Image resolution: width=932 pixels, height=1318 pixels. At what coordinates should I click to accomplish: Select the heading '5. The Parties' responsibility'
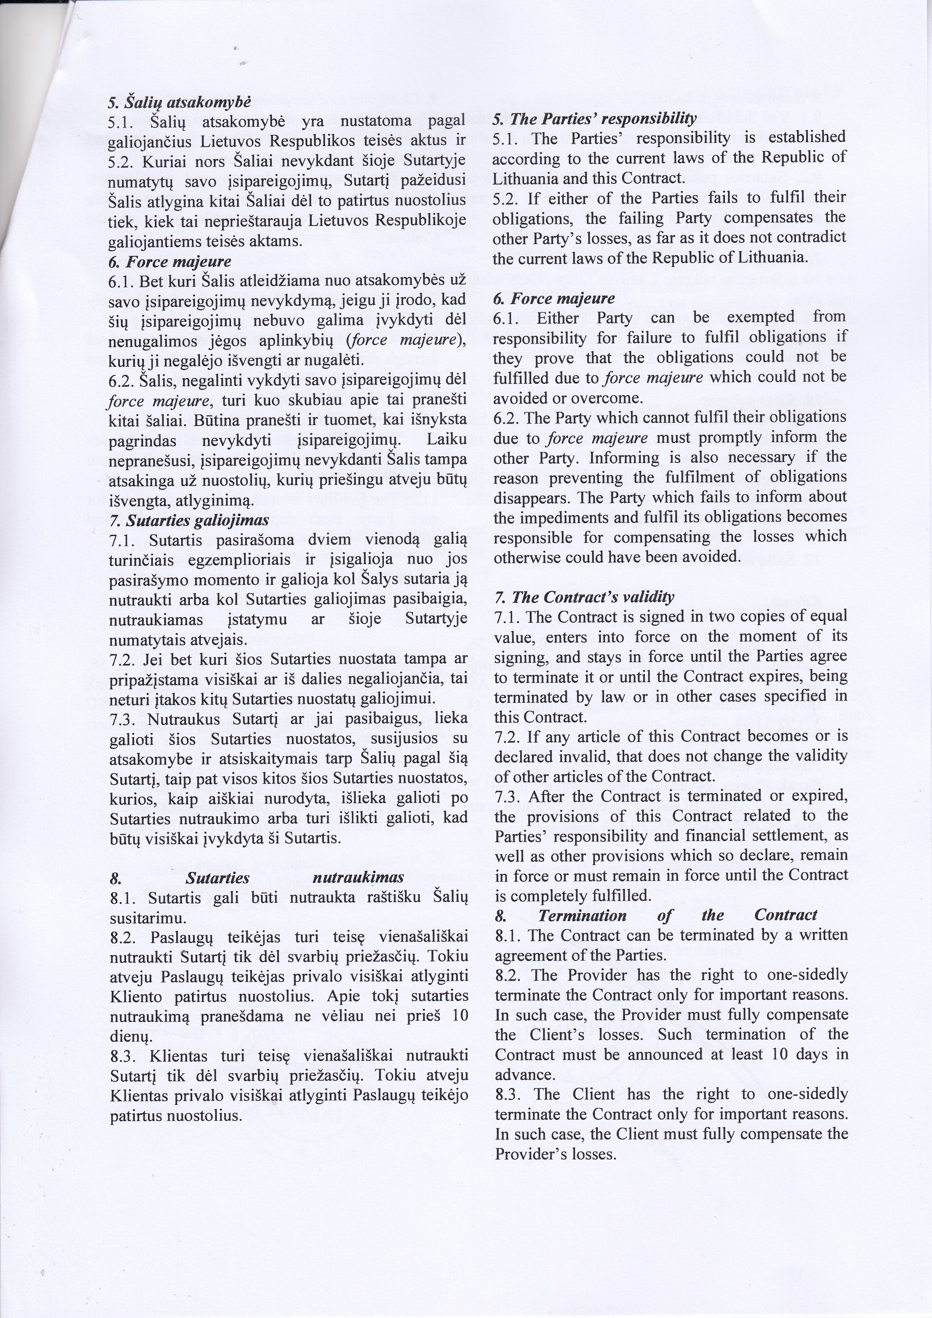point(594,118)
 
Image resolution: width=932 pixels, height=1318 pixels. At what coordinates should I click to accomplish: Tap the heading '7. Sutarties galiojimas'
point(189,520)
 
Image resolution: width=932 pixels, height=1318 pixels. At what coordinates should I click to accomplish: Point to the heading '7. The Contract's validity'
point(584,597)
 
